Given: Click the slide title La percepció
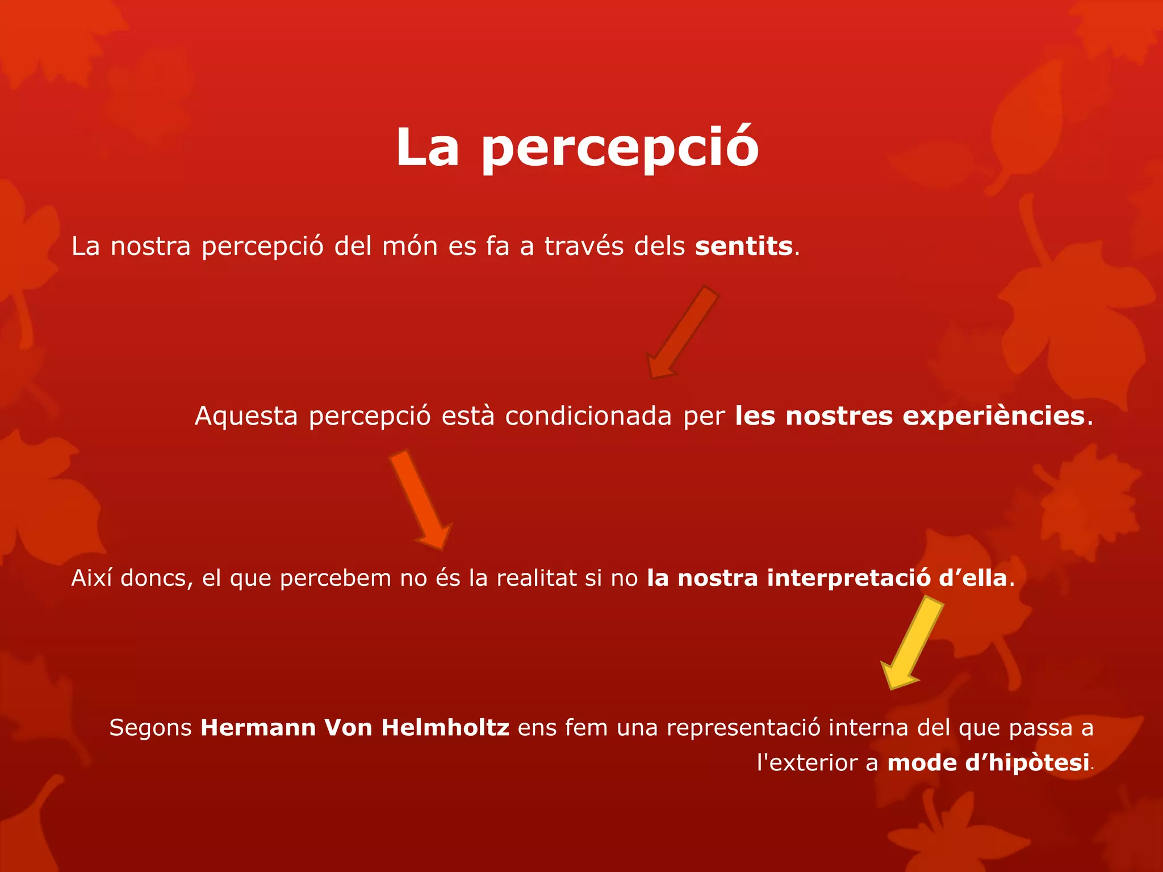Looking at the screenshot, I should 577,148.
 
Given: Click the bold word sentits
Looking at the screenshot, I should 743,246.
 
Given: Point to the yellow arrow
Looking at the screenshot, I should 912,642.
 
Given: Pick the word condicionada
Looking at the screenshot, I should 588,416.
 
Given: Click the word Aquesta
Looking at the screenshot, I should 246,416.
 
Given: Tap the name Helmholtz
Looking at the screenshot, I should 445,728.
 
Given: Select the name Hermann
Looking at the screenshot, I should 258,728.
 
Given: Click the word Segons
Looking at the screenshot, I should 150,728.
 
